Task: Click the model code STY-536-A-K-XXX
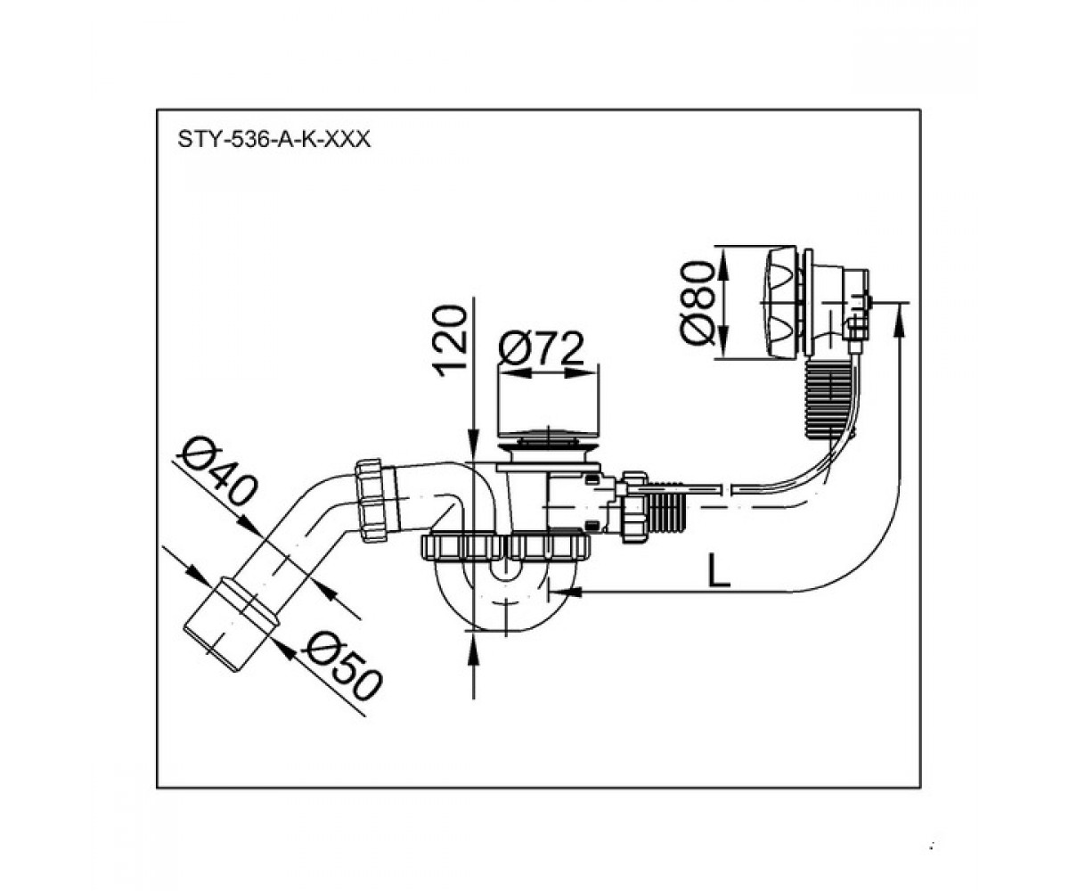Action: [273, 139]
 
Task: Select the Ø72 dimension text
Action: [541, 348]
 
